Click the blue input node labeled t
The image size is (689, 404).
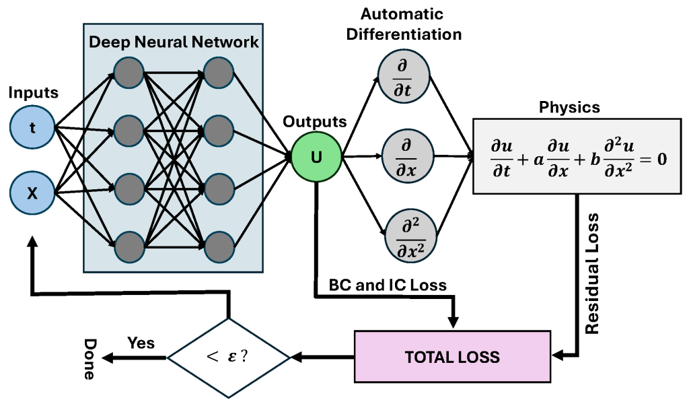click(x=32, y=127)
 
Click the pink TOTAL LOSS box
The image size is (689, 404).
click(x=451, y=356)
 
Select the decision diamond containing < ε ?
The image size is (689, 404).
click(x=229, y=357)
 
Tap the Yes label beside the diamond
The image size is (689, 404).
click(x=141, y=343)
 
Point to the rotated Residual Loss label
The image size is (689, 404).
click(x=592, y=273)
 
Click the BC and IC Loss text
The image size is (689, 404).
click(x=388, y=285)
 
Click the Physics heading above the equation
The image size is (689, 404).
click(x=569, y=108)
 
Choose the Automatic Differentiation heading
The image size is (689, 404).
click(x=404, y=24)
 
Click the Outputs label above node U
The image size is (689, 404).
click(x=315, y=122)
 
